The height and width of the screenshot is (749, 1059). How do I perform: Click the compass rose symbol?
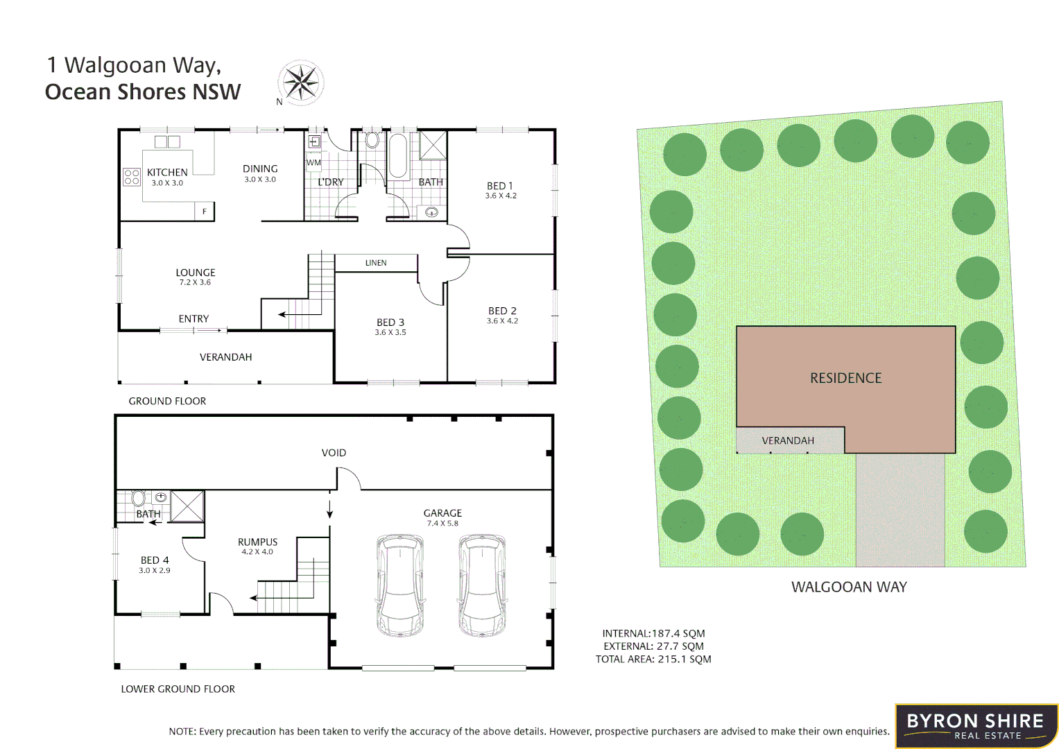coord(302,83)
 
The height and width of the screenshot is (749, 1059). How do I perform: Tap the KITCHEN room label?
coord(167,173)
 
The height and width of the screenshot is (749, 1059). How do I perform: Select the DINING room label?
coord(260,169)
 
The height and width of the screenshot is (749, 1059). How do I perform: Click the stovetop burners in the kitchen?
coord(132,177)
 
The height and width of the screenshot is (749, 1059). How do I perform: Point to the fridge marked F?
coord(204,211)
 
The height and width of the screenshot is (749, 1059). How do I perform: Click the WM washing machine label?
coord(313,163)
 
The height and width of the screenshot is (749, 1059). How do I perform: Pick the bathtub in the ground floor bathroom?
coord(397,156)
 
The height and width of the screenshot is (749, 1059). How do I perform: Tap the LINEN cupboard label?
coord(376,263)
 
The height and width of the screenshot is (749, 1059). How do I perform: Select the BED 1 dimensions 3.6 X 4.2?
coord(501,196)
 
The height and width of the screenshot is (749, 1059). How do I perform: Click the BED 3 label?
coord(390,322)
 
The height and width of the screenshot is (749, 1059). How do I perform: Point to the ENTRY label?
coord(193,319)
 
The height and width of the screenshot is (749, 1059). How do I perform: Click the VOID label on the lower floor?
coord(334,453)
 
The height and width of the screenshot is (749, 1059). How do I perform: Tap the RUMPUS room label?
coord(257,542)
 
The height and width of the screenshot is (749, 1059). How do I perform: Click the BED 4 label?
coord(155,560)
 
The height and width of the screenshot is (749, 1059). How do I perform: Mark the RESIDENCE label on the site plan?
coord(846,378)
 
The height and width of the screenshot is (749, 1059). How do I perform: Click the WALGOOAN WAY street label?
coord(849,587)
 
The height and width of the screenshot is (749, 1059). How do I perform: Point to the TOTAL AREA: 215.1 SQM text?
coord(653,660)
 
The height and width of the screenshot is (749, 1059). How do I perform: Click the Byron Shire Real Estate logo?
coord(976,726)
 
